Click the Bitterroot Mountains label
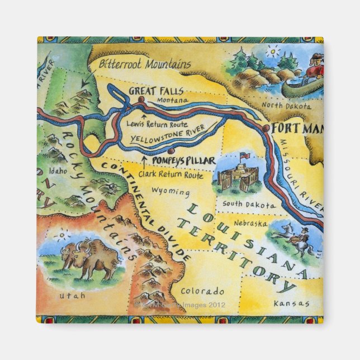click(144, 63)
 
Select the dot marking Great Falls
click(141, 99)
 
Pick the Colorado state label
click(202, 291)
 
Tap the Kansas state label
click(291, 303)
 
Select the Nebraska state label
click(248, 222)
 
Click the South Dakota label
click(249, 204)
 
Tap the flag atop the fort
click(244, 155)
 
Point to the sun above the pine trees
click(272, 52)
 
